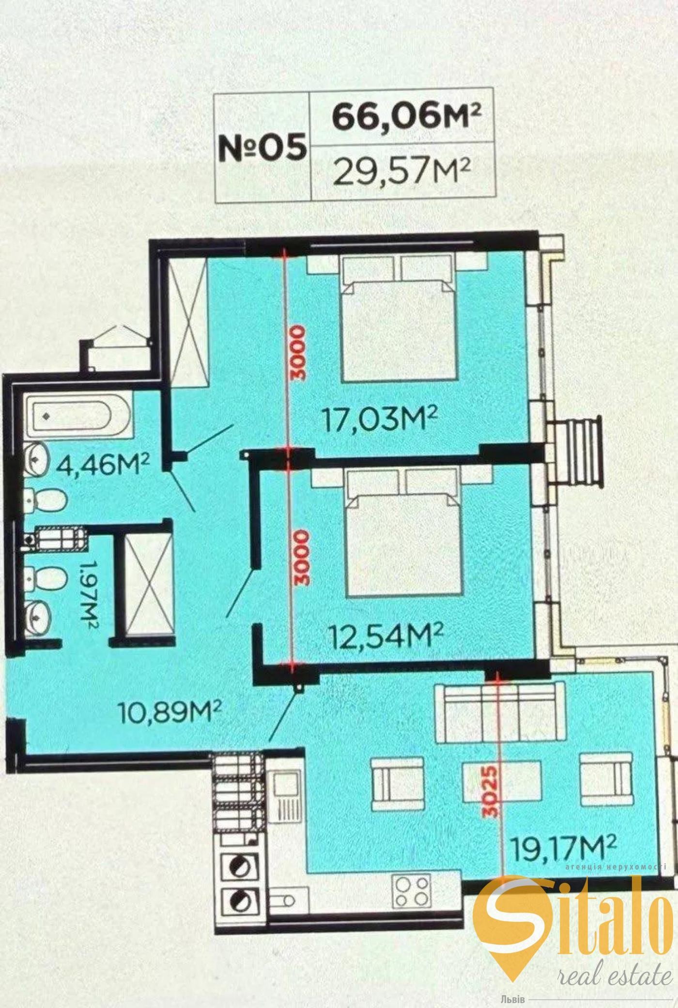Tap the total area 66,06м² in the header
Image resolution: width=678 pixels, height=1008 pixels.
(x=407, y=116)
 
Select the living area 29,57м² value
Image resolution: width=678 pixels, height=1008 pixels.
(x=402, y=172)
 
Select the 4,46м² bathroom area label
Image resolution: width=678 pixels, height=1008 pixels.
(x=101, y=465)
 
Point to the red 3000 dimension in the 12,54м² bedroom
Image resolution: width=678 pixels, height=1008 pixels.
(x=300, y=558)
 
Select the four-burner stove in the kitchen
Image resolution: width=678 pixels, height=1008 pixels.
(x=412, y=891)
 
